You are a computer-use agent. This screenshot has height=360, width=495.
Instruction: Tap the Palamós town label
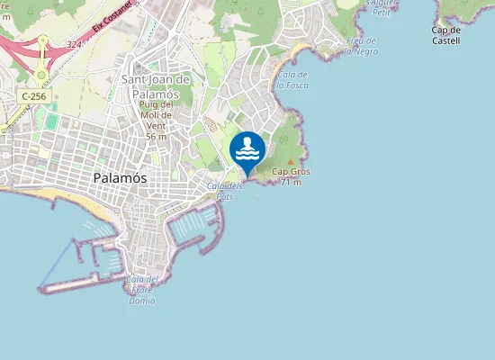[121, 178]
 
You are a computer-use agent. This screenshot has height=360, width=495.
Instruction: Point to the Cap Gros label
[288, 172]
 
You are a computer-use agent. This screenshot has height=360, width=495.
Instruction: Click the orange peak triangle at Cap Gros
[291, 162]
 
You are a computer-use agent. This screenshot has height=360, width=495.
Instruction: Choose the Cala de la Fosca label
[293, 79]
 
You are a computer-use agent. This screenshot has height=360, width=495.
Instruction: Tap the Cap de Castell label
[445, 35]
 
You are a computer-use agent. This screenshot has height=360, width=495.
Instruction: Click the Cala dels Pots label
[224, 191]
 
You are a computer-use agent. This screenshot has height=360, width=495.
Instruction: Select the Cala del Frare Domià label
[142, 290]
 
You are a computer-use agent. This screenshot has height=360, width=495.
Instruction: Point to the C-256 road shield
[34, 95]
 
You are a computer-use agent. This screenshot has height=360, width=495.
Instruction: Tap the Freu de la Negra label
[362, 46]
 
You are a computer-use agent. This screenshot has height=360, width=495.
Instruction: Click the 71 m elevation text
[291, 183]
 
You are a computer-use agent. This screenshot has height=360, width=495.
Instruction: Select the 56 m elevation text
[156, 137]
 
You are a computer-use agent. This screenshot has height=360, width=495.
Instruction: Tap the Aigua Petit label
[382, 8]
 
